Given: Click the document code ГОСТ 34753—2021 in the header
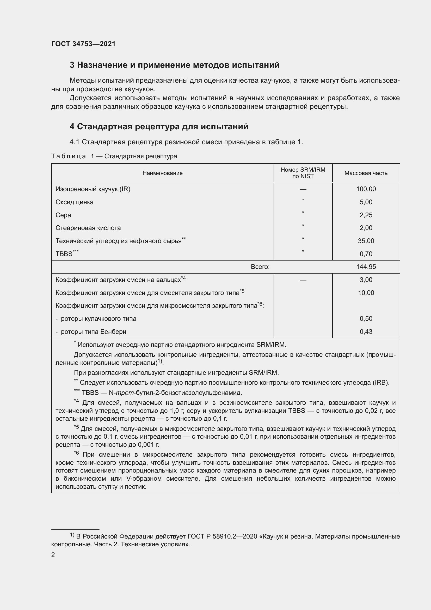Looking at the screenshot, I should click(x=83, y=44).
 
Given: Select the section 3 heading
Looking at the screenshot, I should click(x=174, y=65).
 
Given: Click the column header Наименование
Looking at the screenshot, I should click(x=162, y=173).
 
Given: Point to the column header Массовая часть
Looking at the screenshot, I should click(x=366, y=173).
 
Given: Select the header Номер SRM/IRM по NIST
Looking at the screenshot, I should click(x=303, y=173).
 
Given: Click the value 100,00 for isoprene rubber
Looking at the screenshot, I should click(x=366, y=189).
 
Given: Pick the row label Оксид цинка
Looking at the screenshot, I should click(x=74, y=202).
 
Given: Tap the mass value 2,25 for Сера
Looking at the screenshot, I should click(x=366, y=215).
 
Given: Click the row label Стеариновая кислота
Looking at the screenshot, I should click(x=88, y=228).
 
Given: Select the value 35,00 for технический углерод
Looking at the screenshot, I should click(x=366, y=241).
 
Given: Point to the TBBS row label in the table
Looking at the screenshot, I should click(x=64, y=254).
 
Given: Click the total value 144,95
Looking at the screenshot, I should click(x=366, y=267).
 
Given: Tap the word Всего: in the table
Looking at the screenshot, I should click(x=260, y=267).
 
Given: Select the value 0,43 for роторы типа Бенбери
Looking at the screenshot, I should click(x=366, y=332).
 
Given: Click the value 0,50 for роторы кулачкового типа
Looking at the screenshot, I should click(x=366, y=319).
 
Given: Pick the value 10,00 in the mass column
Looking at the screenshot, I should click(x=366, y=293).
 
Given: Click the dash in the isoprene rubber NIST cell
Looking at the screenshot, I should click(x=303, y=189).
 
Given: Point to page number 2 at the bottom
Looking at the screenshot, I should click(x=53, y=555).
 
